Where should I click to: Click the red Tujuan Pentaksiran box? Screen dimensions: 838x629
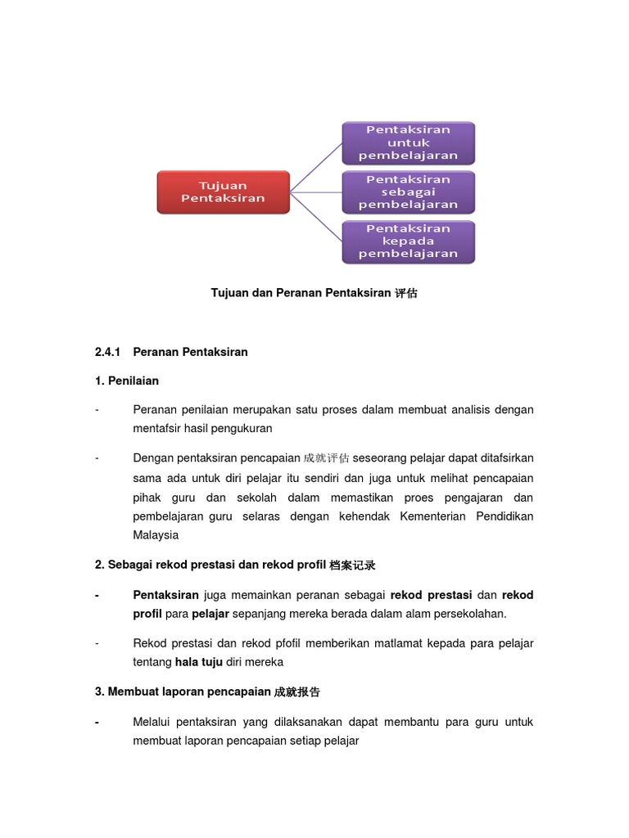[x=223, y=192]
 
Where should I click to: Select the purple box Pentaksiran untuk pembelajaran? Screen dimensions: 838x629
[x=408, y=143]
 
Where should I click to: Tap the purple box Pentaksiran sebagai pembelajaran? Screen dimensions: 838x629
[x=408, y=192]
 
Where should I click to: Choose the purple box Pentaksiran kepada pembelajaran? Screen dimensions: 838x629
[x=408, y=241]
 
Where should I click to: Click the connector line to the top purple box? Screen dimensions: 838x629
[x=317, y=167]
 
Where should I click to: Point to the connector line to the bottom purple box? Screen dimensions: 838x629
[x=317, y=217]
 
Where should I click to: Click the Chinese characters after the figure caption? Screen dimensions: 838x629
[x=406, y=293]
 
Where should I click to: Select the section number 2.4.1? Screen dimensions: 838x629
[x=107, y=352]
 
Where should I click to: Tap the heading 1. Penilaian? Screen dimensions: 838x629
[x=127, y=381]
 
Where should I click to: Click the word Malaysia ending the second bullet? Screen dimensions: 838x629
[x=155, y=535]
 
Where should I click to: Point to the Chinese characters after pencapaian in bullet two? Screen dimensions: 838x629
[x=326, y=458]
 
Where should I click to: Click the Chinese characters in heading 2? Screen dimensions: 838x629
[x=352, y=565]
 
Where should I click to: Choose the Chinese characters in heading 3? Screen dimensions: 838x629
[x=297, y=692]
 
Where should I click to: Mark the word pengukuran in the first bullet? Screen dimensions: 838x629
[x=244, y=428]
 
